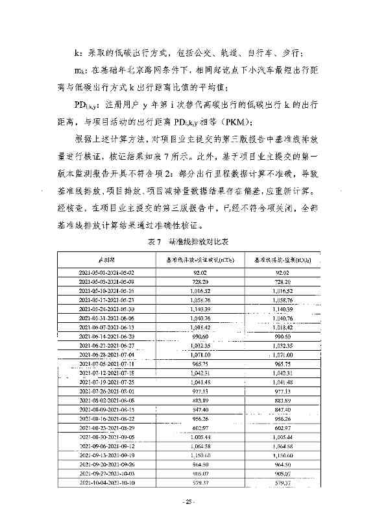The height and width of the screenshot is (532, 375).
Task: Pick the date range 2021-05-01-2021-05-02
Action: (x=106, y=273)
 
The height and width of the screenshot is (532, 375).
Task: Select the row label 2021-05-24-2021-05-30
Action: (x=106, y=310)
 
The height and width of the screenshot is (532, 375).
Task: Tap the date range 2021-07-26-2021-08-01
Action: (x=106, y=392)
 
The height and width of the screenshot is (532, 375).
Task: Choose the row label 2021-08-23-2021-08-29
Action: (x=106, y=428)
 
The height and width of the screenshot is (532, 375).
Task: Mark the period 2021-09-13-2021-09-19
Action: (x=106, y=455)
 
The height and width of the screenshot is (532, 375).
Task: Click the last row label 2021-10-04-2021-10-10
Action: (x=106, y=483)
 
